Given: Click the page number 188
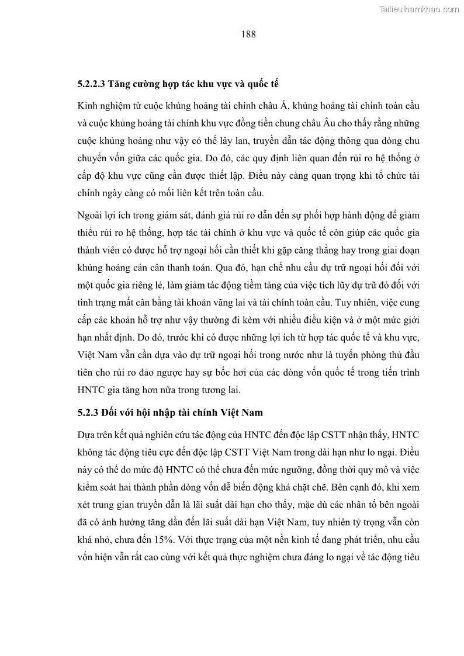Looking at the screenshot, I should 248,34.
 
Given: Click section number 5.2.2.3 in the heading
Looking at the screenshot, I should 91,84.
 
